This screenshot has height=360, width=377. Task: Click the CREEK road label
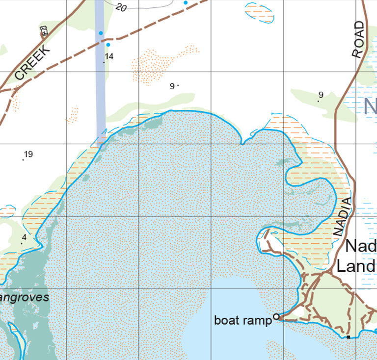(x=33, y=62)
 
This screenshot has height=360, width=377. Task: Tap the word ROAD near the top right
(x=359, y=40)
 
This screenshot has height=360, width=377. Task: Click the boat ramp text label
(x=242, y=321)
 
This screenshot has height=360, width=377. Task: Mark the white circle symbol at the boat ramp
(x=276, y=317)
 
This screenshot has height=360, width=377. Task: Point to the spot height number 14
(x=109, y=56)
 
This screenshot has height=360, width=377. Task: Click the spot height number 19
(x=28, y=154)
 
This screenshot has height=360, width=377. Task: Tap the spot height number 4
(x=24, y=237)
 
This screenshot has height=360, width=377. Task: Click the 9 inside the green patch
(x=321, y=95)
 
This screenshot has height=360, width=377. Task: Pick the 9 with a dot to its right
(x=172, y=86)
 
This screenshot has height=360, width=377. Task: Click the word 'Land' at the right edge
(x=356, y=267)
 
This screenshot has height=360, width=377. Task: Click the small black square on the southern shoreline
(x=348, y=337)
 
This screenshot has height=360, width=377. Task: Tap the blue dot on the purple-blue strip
(x=101, y=33)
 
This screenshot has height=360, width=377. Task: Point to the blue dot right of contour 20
(x=186, y=3)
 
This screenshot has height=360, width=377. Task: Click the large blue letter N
(x=370, y=106)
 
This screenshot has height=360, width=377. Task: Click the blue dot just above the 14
(x=108, y=45)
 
